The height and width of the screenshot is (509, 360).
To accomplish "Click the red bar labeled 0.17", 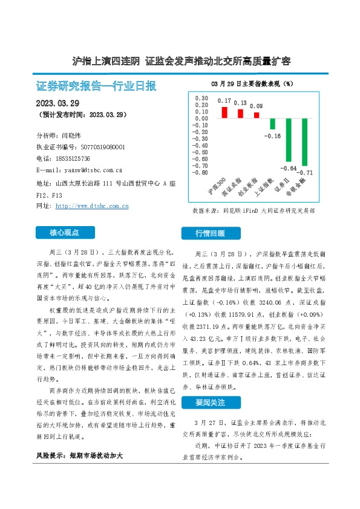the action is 224,112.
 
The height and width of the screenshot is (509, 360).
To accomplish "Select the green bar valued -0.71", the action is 305,142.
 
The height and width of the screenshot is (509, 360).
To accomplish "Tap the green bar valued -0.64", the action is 289,140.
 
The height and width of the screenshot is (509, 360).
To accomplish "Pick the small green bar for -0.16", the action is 273,123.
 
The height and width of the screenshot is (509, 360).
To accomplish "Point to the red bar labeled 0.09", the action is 257,115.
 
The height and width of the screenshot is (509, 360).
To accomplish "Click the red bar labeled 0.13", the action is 240,113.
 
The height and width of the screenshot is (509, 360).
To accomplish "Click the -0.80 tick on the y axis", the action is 200,172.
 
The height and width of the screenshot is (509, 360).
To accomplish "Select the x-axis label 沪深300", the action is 217,187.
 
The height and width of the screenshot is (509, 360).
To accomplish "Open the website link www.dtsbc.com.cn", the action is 92,206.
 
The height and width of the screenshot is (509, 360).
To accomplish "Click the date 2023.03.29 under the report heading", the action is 57,103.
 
